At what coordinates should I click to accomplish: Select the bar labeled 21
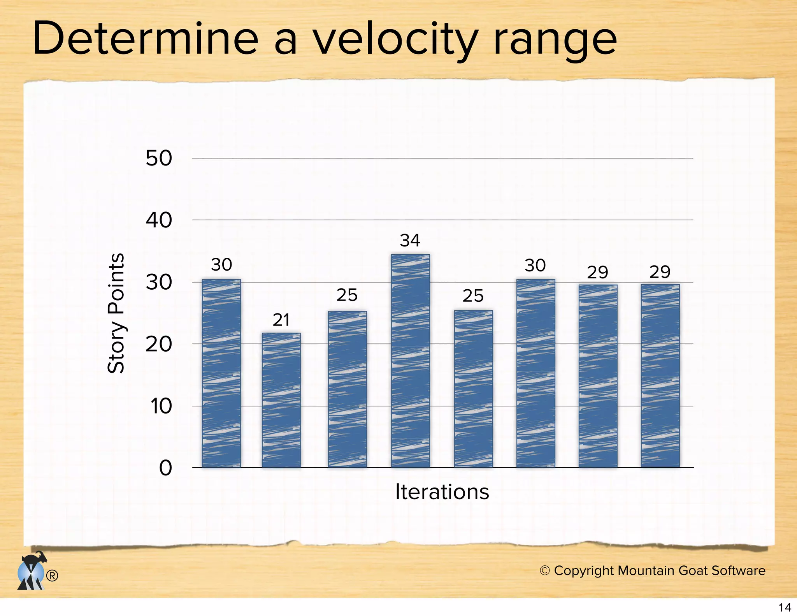[281, 400]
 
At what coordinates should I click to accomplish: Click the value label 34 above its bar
[410, 241]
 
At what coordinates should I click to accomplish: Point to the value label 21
[281, 320]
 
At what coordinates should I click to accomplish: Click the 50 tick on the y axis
[158, 158]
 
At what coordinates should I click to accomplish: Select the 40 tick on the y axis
[158, 220]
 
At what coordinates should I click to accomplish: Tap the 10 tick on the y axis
[160, 406]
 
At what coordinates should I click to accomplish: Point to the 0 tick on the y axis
[165, 468]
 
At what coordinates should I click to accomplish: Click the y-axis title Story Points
[116, 313]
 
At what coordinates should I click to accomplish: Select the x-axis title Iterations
[442, 492]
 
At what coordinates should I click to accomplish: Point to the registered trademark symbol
[52, 576]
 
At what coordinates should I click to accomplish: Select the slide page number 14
[785, 607]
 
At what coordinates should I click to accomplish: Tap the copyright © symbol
[544, 570]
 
